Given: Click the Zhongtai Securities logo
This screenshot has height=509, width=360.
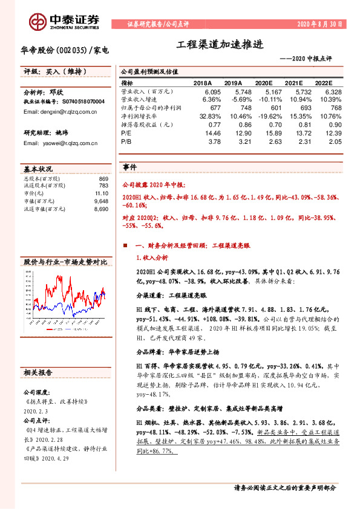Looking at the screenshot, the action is click(60, 20).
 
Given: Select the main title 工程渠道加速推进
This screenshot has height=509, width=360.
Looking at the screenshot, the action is click(221, 45).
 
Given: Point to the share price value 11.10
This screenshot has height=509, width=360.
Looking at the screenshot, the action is click(100, 192).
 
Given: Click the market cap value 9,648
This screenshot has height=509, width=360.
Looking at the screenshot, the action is click(100, 200).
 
